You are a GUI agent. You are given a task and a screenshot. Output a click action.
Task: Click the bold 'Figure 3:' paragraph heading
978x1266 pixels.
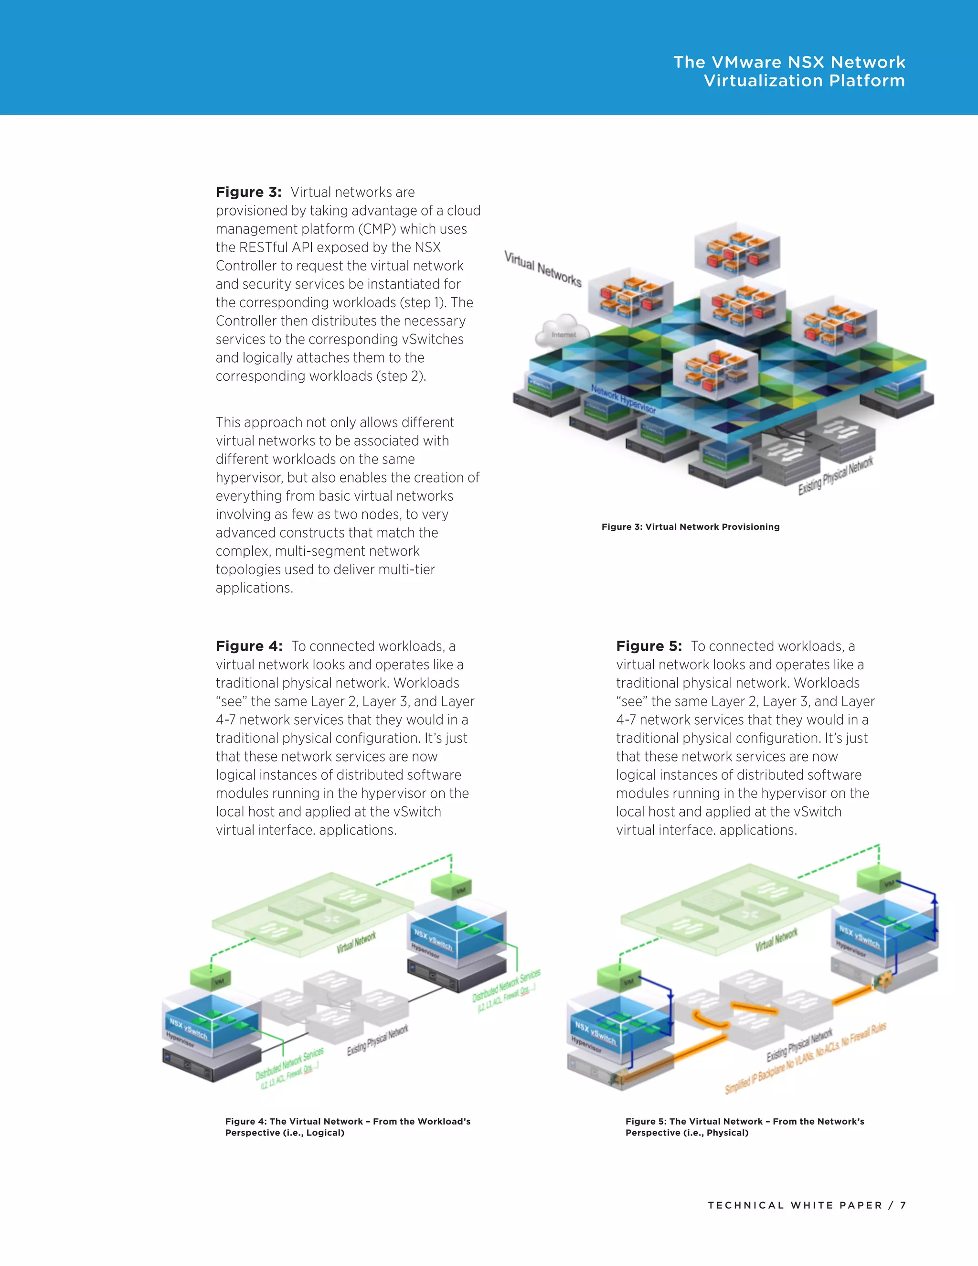click(x=248, y=192)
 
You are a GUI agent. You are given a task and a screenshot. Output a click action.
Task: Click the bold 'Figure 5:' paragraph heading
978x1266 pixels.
click(x=649, y=646)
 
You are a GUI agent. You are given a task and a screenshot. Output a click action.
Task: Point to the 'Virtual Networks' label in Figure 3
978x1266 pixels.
click(x=542, y=269)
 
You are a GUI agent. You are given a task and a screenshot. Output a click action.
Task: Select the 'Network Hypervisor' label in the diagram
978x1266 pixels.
click(x=623, y=399)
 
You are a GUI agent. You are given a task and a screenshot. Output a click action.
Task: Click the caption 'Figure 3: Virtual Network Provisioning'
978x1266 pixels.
click(x=690, y=526)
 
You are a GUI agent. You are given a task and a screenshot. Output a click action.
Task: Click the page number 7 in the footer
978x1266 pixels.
click(x=903, y=1205)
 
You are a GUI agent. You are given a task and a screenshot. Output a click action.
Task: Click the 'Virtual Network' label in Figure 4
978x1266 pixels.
click(x=356, y=942)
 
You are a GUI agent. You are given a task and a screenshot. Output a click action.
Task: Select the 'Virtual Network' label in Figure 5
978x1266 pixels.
click(x=776, y=940)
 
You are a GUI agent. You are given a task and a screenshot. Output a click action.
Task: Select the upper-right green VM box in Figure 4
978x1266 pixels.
click(x=451, y=887)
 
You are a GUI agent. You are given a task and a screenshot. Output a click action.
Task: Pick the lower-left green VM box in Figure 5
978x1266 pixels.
click(x=619, y=980)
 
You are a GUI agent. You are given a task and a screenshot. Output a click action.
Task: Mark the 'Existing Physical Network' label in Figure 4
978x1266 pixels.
click(x=378, y=1041)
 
